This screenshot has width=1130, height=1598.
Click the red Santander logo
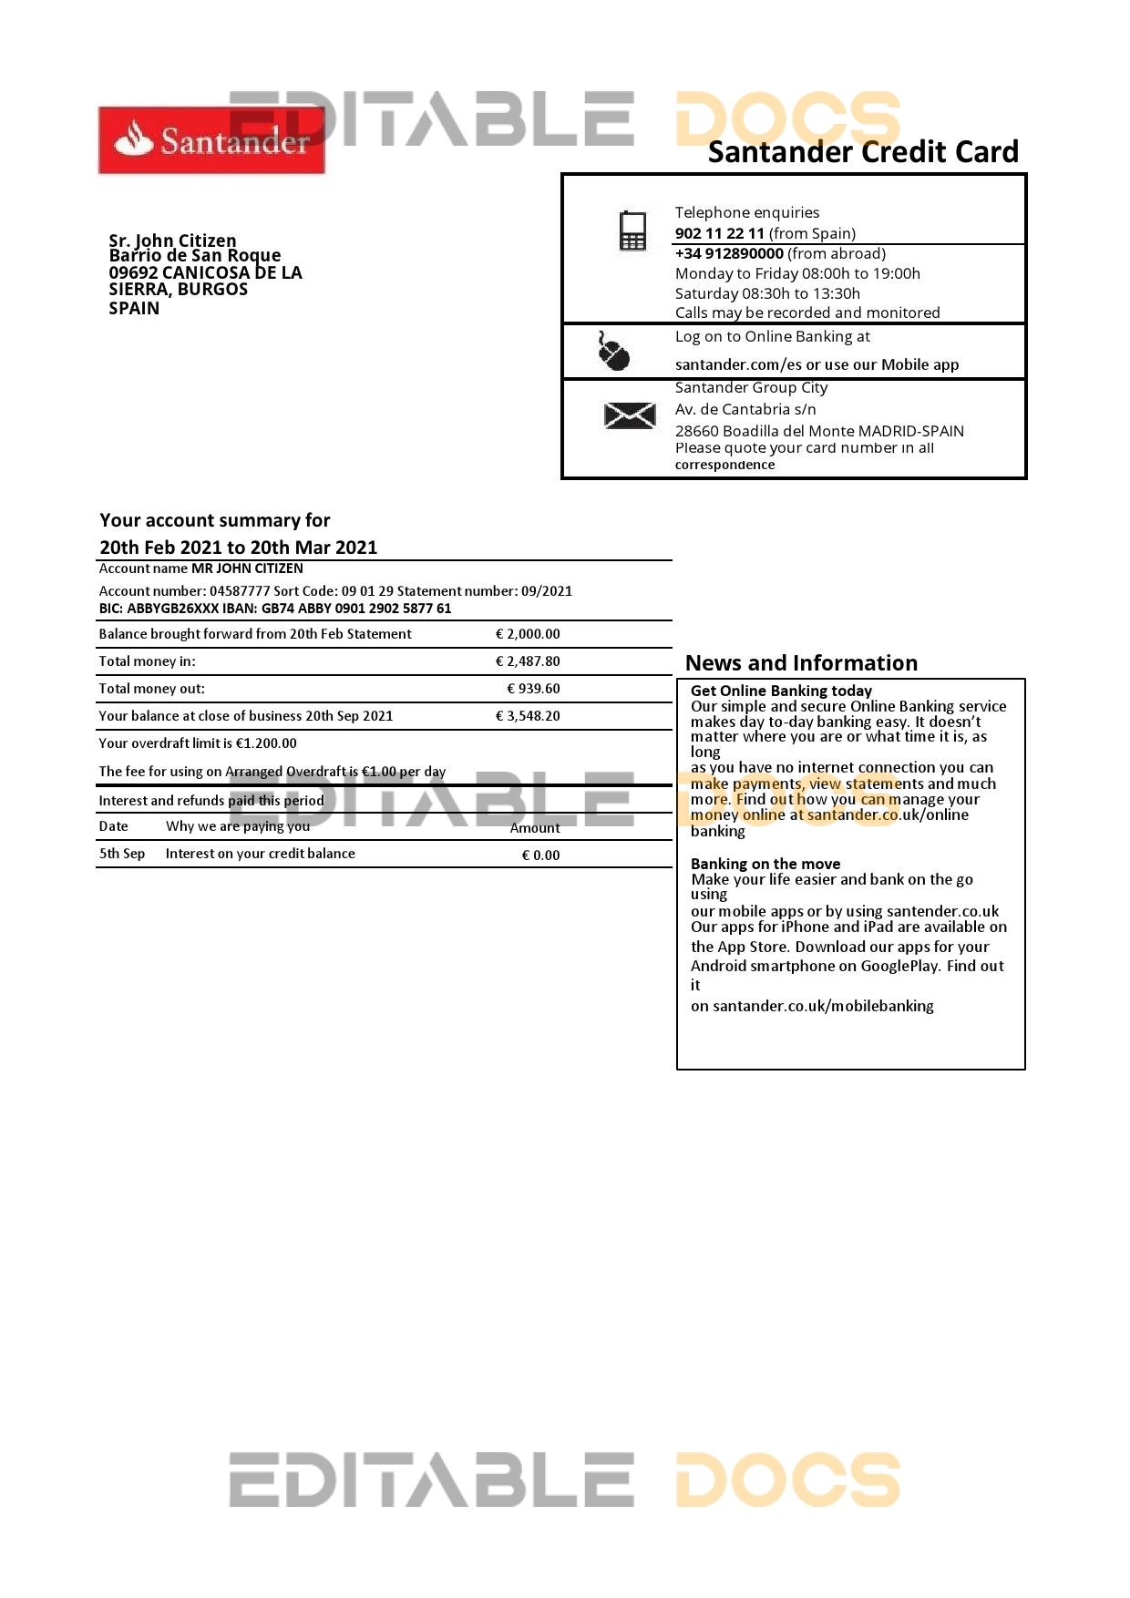pyautogui.click(x=211, y=140)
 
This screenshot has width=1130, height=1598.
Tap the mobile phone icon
pyautogui.click(x=632, y=230)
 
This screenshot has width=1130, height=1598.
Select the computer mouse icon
pyautogui.click(x=614, y=352)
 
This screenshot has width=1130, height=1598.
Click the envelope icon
pyautogui.click(x=630, y=416)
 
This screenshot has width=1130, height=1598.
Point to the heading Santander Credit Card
pyautogui.click(x=862, y=152)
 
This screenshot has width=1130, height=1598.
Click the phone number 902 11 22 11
pyautogui.click(x=719, y=233)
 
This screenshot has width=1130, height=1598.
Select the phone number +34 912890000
pyautogui.click(x=729, y=253)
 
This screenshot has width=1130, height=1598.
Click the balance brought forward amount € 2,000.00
pyautogui.click(x=528, y=634)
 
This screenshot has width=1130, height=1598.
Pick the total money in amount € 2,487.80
pyautogui.click(x=528, y=661)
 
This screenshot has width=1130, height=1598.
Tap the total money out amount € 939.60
pyautogui.click(x=533, y=689)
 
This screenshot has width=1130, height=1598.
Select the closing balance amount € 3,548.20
pyautogui.click(x=528, y=716)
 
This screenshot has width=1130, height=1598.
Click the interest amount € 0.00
pyautogui.click(x=540, y=855)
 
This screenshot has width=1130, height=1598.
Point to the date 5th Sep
pyautogui.click(x=122, y=854)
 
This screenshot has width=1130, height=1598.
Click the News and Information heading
pyautogui.click(x=801, y=663)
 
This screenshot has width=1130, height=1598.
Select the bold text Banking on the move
pyautogui.click(x=765, y=864)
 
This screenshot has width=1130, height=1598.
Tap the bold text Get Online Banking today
pyautogui.click(x=781, y=691)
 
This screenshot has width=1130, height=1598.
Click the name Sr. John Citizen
pyautogui.click(x=172, y=241)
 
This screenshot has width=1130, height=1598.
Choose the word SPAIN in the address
pyautogui.click(x=134, y=308)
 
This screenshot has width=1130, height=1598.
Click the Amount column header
pyautogui.click(x=535, y=828)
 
